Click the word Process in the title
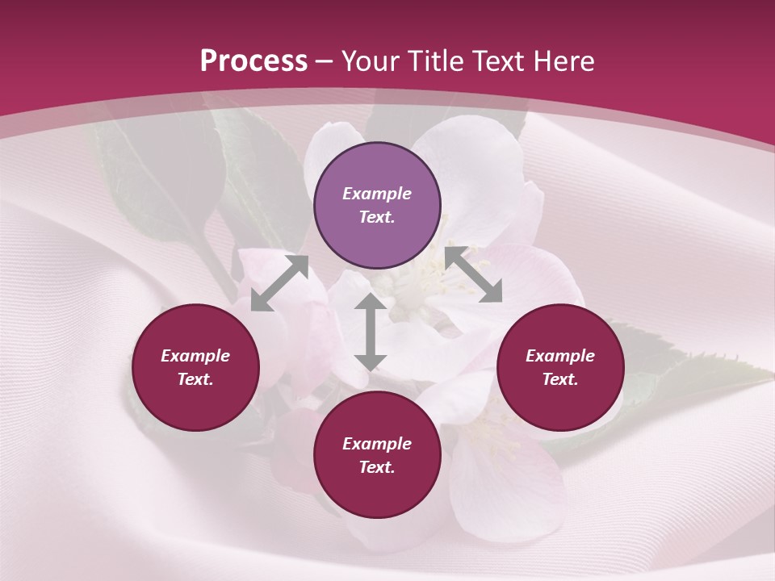[x=253, y=61]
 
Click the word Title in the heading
[x=436, y=61]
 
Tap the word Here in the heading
[x=562, y=61]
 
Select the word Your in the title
[x=371, y=61]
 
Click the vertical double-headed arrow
[x=370, y=332]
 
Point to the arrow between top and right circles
[x=473, y=274]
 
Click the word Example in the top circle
[x=377, y=194]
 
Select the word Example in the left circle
[x=195, y=356]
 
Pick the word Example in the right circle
[x=560, y=356]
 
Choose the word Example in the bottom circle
[x=377, y=444]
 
